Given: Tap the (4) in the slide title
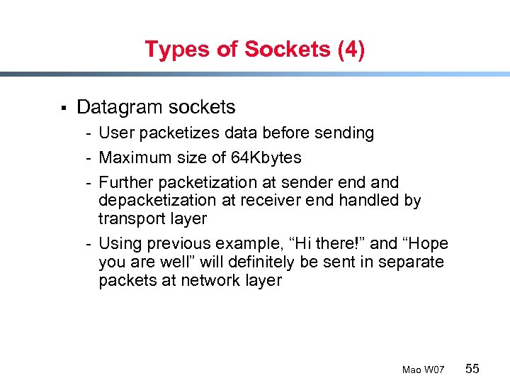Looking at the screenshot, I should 350,50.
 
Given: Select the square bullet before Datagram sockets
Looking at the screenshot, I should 63,109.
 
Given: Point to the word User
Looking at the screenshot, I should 117,133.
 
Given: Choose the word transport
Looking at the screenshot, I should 130,219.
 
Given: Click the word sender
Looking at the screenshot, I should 314,182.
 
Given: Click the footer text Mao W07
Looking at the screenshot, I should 423,370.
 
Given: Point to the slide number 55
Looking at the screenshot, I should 472,368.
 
